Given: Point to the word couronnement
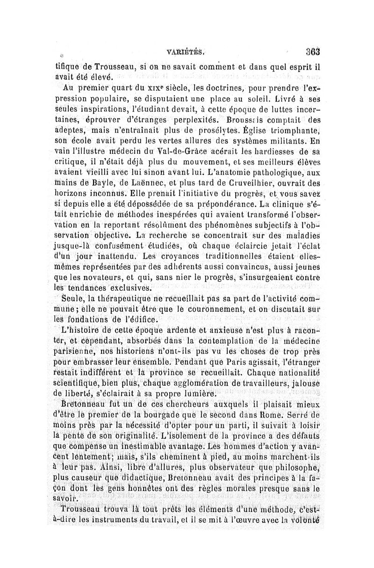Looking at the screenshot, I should [x=224, y=309].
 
